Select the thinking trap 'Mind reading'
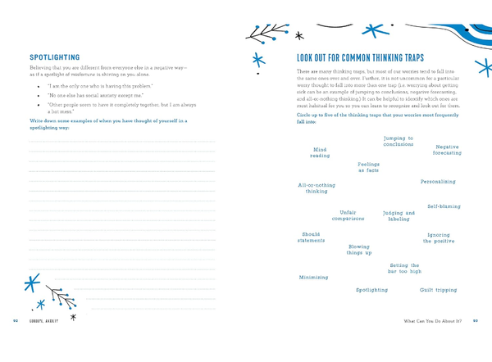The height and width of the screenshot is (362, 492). point(320,152)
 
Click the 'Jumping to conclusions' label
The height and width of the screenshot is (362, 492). point(399,141)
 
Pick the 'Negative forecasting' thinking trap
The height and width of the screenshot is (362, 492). point(448,150)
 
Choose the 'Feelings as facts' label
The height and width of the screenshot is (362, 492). point(368,167)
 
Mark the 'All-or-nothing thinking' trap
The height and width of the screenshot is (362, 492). point(317,188)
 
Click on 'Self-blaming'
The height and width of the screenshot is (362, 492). point(444,206)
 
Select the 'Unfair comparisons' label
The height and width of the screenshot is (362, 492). point(348,215)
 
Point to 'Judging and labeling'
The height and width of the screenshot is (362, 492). point(399,216)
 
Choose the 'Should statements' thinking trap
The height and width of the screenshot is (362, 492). point(311,237)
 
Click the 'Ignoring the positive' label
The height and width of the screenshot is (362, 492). point(439,238)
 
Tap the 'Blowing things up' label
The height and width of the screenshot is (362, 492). point(359,249)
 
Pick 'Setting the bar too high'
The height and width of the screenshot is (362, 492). point(404,268)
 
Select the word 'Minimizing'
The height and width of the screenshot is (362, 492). point(314,277)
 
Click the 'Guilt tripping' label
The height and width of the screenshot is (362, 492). point(438,290)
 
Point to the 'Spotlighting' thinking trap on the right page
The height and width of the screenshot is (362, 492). point(371,290)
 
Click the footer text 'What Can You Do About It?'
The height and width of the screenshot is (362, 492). point(425,320)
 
